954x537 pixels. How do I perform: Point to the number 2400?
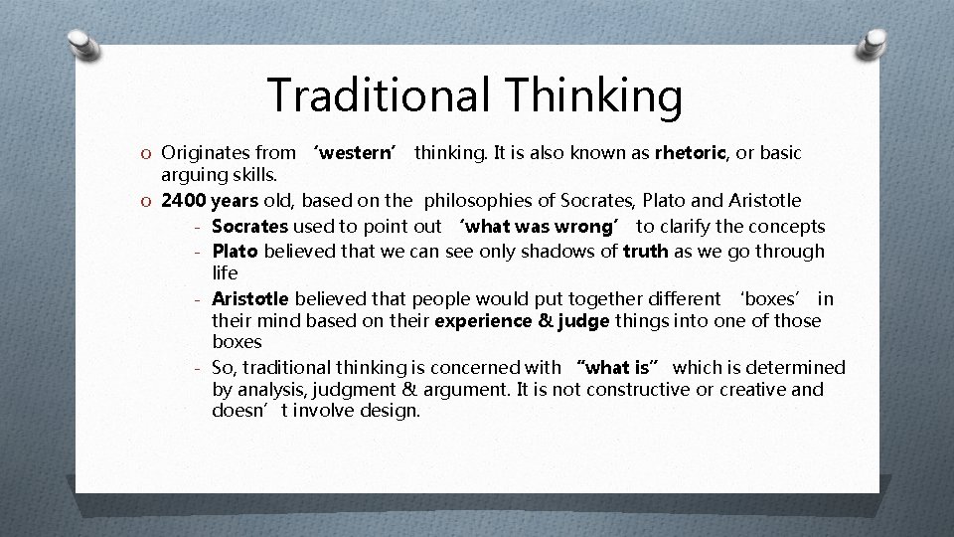(183, 201)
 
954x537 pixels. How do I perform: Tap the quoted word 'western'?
(355, 153)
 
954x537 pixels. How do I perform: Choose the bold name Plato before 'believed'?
(234, 251)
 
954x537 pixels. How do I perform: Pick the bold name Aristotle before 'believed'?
(250, 298)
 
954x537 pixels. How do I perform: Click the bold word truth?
(646, 251)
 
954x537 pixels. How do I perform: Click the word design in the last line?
(392, 410)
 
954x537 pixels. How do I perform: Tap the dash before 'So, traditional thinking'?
(199, 368)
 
